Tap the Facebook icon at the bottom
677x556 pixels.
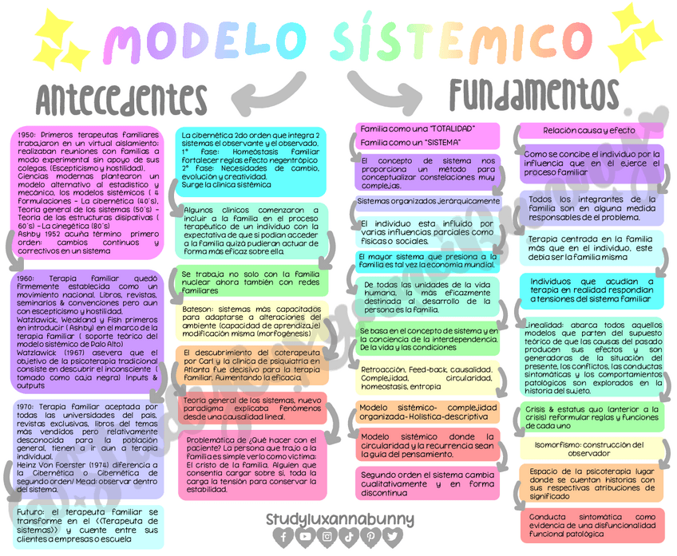click(x=284, y=537)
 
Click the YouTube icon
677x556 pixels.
click(x=306, y=537)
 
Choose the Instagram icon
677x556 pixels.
click(x=328, y=537)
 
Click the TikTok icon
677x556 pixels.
click(x=350, y=537)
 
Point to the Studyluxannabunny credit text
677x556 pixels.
click(x=339, y=519)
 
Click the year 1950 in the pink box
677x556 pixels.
click(x=26, y=136)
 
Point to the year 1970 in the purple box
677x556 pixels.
click(x=26, y=407)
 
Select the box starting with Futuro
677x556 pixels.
click(x=88, y=526)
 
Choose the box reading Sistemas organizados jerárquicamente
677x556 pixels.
click(x=429, y=201)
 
